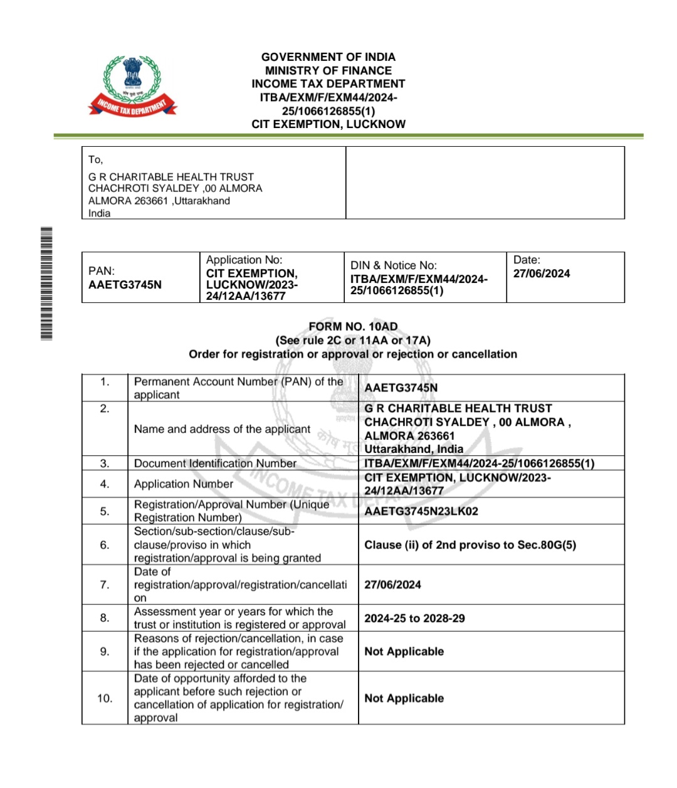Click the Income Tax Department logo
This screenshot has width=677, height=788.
click(x=132, y=86)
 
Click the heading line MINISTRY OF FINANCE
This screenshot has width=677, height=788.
click(x=328, y=71)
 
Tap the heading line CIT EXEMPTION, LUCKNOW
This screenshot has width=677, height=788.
click(x=328, y=124)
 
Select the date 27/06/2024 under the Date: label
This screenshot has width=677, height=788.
click(x=542, y=274)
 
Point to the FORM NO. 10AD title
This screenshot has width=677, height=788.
click(x=353, y=327)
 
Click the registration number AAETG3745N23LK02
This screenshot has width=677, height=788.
click(x=421, y=511)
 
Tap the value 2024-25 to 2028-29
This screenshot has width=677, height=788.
click(x=414, y=619)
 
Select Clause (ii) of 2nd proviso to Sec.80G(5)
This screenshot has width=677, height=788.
click(x=470, y=545)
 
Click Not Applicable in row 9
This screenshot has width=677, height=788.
click(x=404, y=652)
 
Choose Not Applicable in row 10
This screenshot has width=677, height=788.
click(x=404, y=698)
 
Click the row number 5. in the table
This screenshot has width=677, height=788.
click(x=105, y=511)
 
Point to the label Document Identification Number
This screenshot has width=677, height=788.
click(x=215, y=464)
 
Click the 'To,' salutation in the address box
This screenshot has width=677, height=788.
click(x=95, y=160)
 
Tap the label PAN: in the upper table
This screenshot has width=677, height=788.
click(x=102, y=271)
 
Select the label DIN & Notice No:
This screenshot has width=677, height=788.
click(x=394, y=265)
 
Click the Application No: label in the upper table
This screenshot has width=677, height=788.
click(x=244, y=260)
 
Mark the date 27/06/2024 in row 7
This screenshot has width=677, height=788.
click(x=392, y=585)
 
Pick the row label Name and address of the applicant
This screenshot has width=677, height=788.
click(x=222, y=429)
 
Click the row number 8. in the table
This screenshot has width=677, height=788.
click(x=105, y=618)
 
